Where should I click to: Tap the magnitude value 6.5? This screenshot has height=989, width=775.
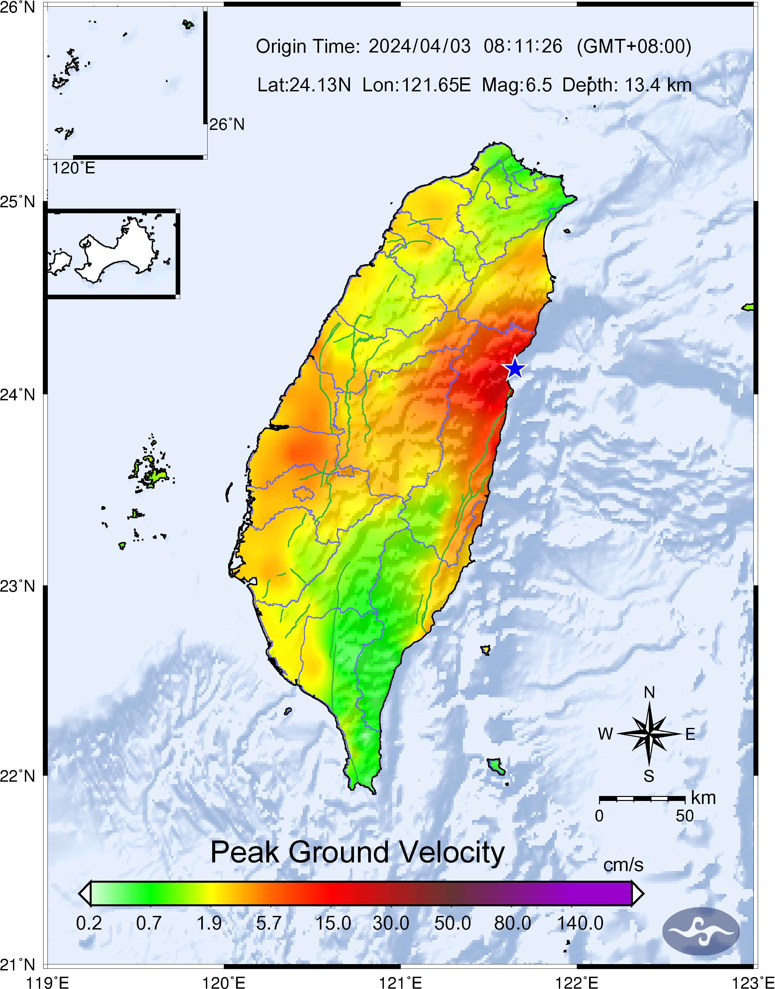click(x=539, y=85)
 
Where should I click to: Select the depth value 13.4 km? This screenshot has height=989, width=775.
click(x=658, y=85)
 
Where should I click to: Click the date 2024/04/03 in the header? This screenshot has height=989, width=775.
click(x=419, y=46)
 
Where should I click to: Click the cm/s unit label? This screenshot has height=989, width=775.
click(x=623, y=865)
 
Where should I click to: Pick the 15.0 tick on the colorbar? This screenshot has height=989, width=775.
click(x=333, y=923)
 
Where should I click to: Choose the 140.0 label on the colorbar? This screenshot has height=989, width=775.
click(x=580, y=923)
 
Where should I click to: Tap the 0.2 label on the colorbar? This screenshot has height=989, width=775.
click(x=89, y=923)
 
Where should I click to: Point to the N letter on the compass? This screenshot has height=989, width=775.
click(x=649, y=693)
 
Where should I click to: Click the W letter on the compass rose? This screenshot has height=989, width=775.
click(x=605, y=734)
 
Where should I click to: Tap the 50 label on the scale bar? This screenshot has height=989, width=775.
click(x=684, y=816)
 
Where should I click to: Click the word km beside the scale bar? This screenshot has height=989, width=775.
click(x=703, y=798)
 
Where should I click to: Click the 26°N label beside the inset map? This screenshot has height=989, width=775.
click(x=227, y=124)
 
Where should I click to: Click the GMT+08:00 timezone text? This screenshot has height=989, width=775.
click(x=634, y=46)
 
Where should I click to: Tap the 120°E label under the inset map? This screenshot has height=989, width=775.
click(x=73, y=168)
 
